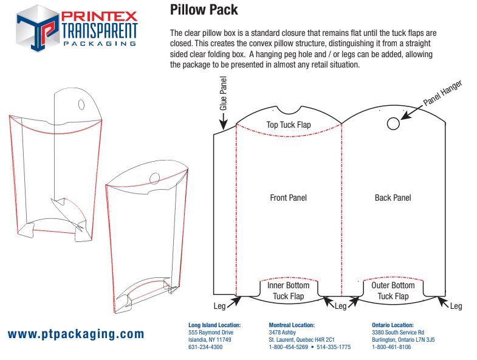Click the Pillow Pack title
pos(204,10)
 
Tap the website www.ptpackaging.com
pos(76,334)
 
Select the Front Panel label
pos(288,198)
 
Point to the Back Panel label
pos(393,198)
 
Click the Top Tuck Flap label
pos(289,125)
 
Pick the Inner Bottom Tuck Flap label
pos(289,291)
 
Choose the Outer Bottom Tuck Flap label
pos(393,291)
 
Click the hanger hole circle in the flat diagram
pos(393,124)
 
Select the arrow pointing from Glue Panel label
pos(223,123)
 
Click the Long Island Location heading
pos(214,325)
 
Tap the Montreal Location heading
pos(292,325)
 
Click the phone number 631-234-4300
pos(205,347)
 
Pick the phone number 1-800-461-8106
pos(391,347)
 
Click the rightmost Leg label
pos(456,306)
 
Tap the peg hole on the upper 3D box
pos(81,105)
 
